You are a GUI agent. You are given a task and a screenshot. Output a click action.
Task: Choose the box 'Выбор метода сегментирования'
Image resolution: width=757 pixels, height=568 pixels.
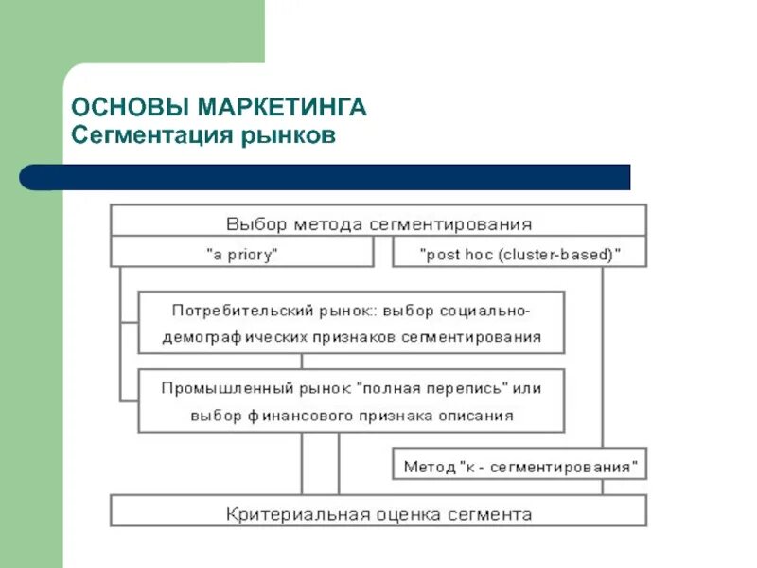(378, 224)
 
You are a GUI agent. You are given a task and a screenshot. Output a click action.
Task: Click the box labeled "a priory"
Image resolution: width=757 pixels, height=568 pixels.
(241, 254)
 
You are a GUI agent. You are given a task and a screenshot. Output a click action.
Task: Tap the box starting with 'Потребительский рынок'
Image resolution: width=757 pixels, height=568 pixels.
(351, 323)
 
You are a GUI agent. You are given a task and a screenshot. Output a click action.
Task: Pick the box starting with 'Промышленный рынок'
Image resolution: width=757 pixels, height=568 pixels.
(351, 401)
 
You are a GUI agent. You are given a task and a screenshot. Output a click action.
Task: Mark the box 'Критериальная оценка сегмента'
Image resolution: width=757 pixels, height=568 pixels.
(378, 514)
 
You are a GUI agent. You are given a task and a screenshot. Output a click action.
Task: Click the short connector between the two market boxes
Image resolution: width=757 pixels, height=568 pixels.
(302, 362)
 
